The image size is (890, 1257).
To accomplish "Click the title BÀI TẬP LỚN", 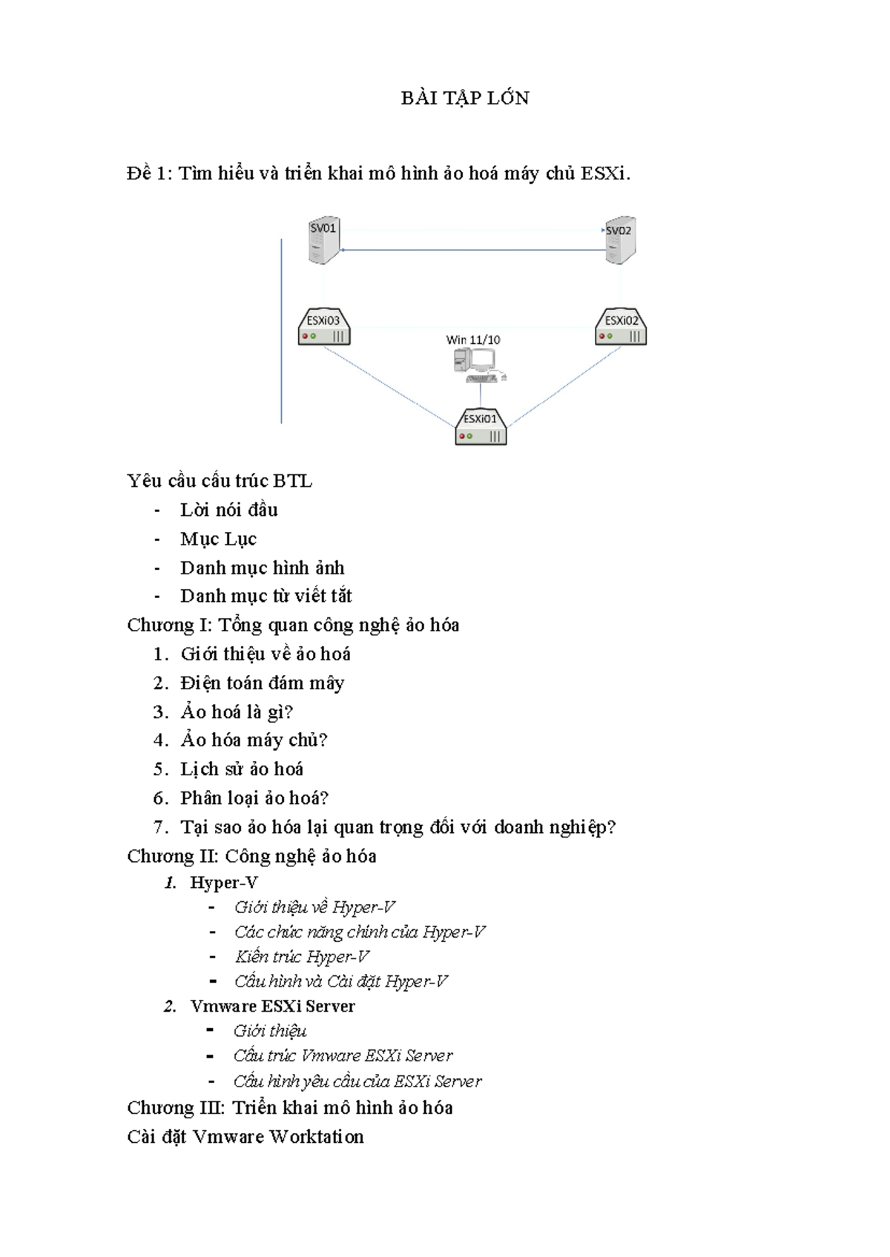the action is pyautogui.click(x=465, y=98).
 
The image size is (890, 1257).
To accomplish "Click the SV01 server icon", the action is pyautogui.click(x=324, y=239).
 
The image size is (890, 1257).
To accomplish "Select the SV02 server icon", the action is pyautogui.click(x=621, y=239).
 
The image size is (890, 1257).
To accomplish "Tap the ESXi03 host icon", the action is pyautogui.click(x=324, y=326).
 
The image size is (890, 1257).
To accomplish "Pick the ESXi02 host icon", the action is pyautogui.click(x=621, y=326).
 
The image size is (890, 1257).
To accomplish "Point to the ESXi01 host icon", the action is pyautogui.click(x=481, y=426).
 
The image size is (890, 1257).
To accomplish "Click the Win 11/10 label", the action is pyautogui.click(x=472, y=339).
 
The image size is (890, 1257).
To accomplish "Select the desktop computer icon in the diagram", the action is pyautogui.click(x=480, y=365).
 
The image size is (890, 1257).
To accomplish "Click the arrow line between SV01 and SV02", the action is pyautogui.click(x=472, y=250).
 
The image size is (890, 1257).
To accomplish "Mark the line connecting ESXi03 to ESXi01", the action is pyautogui.click(x=389, y=387).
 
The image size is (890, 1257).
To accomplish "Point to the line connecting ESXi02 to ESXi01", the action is pyautogui.click(x=564, y=386).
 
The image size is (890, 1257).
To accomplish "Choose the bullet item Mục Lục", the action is pyautogui.click(x=218, y=539).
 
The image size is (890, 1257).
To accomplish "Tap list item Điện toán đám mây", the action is pyautogui.click(x=263, y=683).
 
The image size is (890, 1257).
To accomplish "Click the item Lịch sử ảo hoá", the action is pyautogui.click(x=242, y=769).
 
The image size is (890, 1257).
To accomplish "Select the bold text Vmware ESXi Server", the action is pyautogui.click(x=272, y=1006).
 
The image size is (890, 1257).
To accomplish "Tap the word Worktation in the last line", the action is pyautogui.click(x=317, y=1136).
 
